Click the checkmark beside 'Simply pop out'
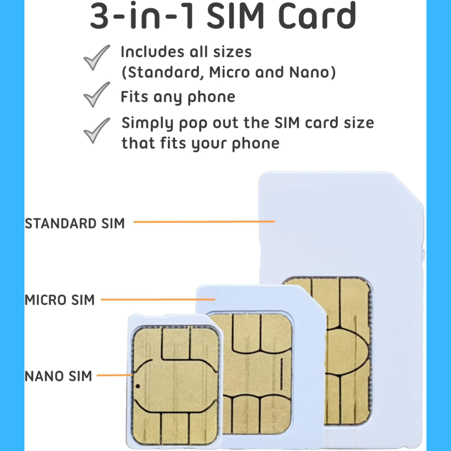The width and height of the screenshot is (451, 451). pos(96,130)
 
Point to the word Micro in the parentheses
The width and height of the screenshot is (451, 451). pos(230,73)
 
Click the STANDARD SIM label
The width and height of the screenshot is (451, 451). pos(75,223)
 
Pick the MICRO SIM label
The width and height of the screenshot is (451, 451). pos(60,300)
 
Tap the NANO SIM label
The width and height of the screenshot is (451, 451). pos(58,376)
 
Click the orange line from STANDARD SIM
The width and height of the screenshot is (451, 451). pos(204,221)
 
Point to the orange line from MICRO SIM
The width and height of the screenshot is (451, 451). pos(158,299)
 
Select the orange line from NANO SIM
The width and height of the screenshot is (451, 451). pos(115,375)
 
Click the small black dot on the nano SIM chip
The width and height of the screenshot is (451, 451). pos(137,386)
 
